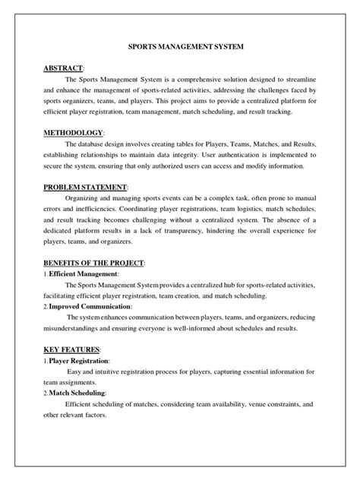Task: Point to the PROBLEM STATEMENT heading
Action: (86, 187)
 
